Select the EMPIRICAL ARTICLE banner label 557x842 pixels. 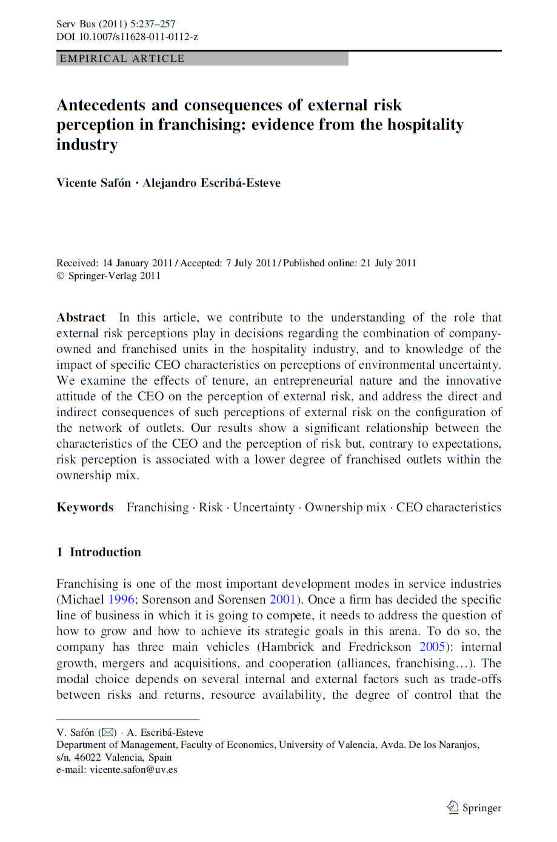(x=122, y=59)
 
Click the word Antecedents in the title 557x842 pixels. (x=101, y=106)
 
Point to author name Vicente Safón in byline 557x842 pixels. (x=93, y=183)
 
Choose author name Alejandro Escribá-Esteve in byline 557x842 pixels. (x=212, y=183)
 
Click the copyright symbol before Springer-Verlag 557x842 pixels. (x=61, y=276)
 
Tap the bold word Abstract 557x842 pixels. (x=81, y=318)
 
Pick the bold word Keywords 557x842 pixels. (x=85, y=508)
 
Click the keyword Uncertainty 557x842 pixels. (x=264, y=508)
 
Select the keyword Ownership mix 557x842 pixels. (x=345, y=508)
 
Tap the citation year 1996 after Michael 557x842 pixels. (x=121, y=600)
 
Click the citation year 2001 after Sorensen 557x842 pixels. (x=282, y=600)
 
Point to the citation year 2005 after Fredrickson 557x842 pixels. (x=433, y=647)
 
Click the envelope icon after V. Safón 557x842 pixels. (x=108, y=733)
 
